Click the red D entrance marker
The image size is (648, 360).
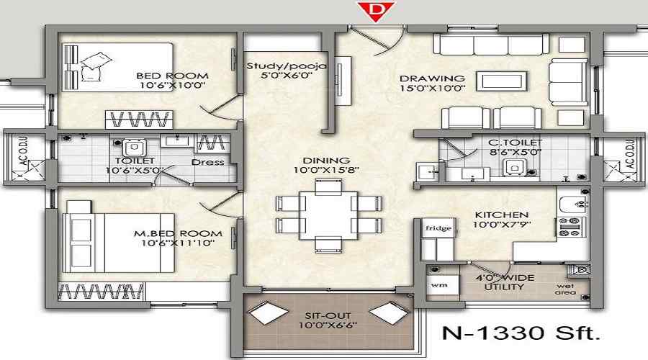point(372,10)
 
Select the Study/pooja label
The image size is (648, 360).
point(287,66)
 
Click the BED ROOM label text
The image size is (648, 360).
point(172,76)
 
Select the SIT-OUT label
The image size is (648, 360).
point(326,314)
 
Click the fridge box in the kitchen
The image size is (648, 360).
point(438,229)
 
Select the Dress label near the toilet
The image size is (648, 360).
point(207,162)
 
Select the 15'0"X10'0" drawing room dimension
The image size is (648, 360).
point(433,89)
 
